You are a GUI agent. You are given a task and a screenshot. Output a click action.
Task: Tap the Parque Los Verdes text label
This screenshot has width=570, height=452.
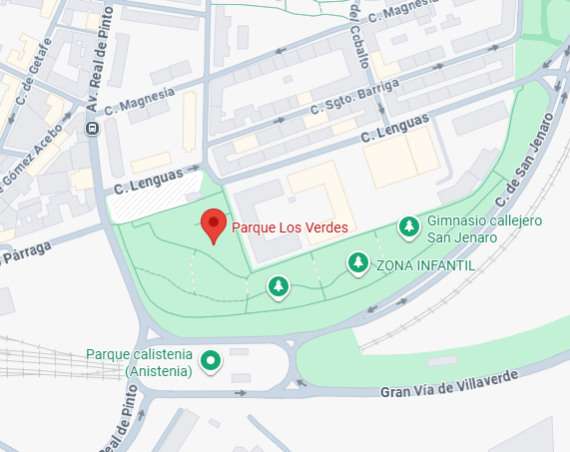coord(289,227)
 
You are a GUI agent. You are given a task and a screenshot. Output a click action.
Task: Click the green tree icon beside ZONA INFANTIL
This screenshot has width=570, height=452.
coord(357,262)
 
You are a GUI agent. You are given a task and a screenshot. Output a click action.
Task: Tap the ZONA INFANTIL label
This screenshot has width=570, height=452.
coord(423,265)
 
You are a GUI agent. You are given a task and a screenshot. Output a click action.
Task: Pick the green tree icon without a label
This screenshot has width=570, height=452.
coord(279,287)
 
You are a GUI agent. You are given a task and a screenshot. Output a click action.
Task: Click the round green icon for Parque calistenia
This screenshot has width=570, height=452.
coord(211,360)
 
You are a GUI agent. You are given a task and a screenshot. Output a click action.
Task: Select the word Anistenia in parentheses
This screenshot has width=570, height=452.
coord(158,372)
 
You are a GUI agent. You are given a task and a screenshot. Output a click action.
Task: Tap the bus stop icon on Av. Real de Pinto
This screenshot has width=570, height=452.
coord(92,128)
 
